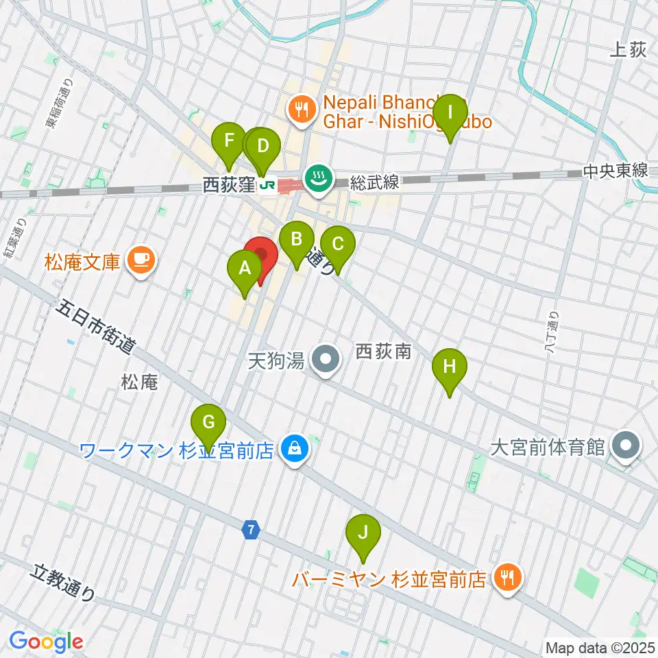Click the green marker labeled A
click(x=244, y=269)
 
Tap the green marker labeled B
click(x=296, y=240)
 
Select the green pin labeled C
click(x=337, y=245)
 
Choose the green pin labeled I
click(x=450, y=112)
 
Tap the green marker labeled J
click(x=363, y=533)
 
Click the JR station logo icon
click(x=269, y=185)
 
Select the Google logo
click(x=46, y=642)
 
